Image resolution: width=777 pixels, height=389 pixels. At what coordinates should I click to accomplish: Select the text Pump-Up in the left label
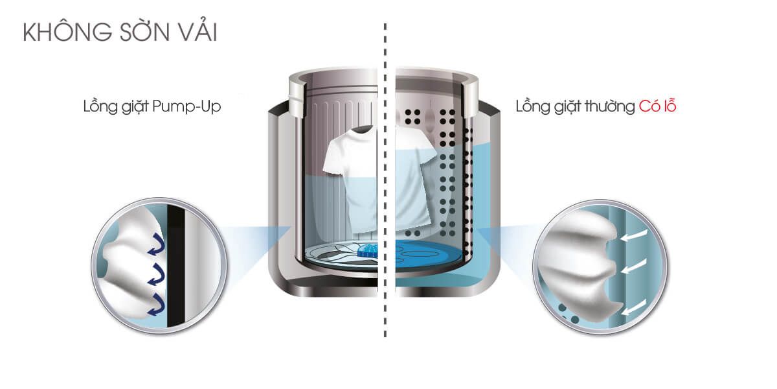click(186, 106)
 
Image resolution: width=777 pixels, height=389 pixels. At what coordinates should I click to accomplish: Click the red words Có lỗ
click(658, 106)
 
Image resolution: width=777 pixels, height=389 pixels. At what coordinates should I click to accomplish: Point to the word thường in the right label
click(609, 106)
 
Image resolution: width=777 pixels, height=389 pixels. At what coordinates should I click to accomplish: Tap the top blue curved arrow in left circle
click(157, 244)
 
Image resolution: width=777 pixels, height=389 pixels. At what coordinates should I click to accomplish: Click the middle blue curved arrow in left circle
click(156, 274)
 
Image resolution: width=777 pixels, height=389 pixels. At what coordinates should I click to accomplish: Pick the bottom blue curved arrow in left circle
click(156, 305)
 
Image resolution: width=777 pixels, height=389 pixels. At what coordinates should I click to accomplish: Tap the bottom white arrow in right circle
click(633, 307)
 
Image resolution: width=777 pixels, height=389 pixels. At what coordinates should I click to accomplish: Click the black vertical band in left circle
click(175, 266)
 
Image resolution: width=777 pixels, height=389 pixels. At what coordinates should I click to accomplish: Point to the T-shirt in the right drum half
click(414, 177)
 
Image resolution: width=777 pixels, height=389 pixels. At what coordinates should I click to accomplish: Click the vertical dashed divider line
click(385, 180)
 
